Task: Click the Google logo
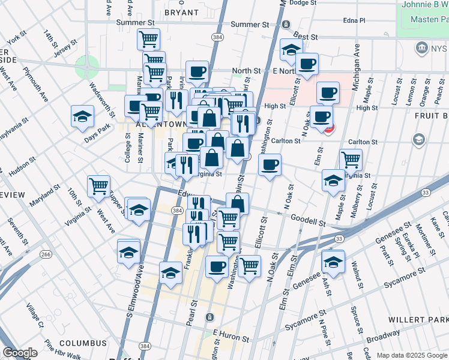(20, 353)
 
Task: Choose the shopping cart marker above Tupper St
(98, 185)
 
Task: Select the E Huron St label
(230, 334)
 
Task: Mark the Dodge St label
(303, 3)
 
